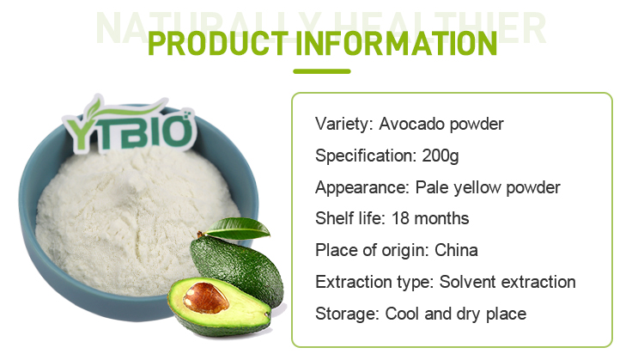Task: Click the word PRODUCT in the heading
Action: [218, 44]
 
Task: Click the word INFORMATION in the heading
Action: [397, 44]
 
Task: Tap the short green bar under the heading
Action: [322, 71]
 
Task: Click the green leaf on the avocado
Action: [236, 229]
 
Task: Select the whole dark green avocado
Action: [237, 270]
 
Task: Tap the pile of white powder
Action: [136, 218]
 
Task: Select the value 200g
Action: [440, 156]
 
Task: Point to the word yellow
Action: [477, 188]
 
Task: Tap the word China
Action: [456, 250]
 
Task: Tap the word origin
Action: [404, 250]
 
